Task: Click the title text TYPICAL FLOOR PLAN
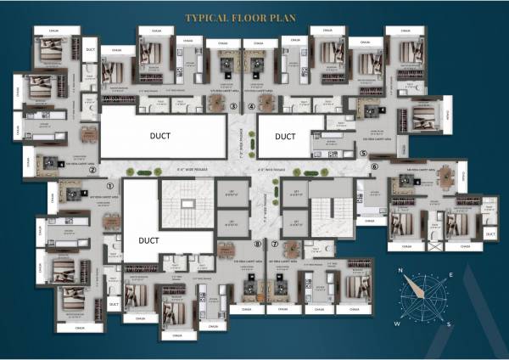[x=255, y=16]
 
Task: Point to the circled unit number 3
[x=234, y=106]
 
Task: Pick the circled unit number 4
[x=252, y=106]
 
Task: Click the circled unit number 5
[x=362, y=154]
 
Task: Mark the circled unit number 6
[x=374, y=167]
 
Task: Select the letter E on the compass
[x=451, y=275]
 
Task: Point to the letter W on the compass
[x=395, y=323]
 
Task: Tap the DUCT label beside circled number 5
[x=285, y=136]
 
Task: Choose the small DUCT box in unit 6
[x=490, y=233]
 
